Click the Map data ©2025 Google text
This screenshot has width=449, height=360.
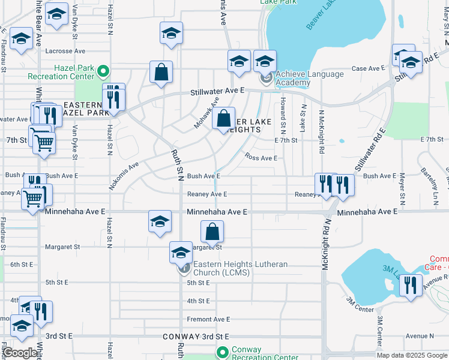[412, 355]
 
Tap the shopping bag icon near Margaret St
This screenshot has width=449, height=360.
[212, 232]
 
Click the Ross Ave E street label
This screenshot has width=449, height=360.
[261, 158]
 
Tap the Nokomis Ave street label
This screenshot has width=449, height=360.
[124, 175]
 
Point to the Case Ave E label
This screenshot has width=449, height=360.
[367, 68]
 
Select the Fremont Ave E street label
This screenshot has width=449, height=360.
[208, 319]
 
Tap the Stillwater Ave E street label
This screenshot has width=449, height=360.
[218, 91]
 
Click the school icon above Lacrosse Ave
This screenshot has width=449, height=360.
[171, 33]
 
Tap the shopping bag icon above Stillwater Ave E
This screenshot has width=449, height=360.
[161, 73]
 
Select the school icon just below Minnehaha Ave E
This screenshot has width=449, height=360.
[160, 221]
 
